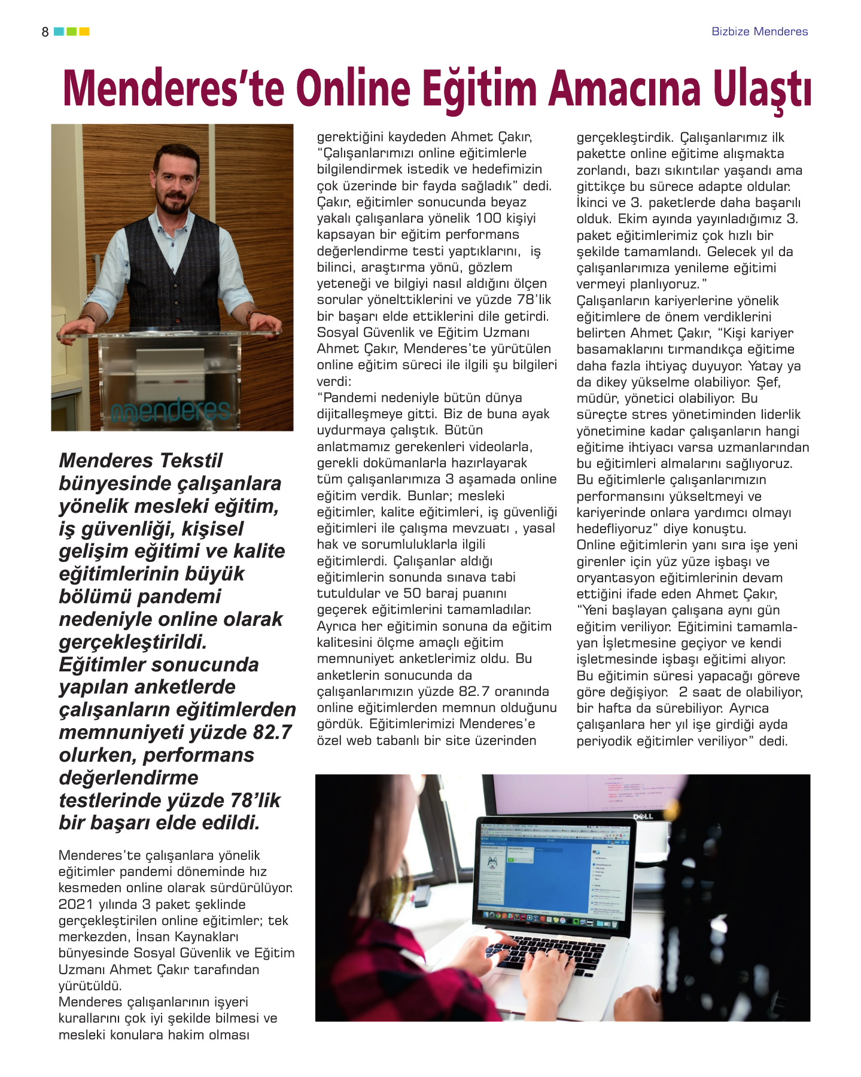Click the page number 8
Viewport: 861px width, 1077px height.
[x=45, y=32]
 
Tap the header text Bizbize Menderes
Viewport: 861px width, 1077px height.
[x=759, y=32]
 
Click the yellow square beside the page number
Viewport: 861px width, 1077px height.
[x=84, y=32]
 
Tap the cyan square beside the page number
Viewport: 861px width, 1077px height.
[x=59, y=32]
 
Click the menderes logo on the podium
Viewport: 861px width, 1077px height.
[x=171, y=410]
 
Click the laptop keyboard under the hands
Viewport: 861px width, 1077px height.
[x=538, y=951]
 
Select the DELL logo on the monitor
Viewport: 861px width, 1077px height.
[x=643, y=817]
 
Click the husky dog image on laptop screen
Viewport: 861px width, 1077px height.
[x=492, y=863]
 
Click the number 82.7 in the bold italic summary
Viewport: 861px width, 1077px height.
[x=272, y=732]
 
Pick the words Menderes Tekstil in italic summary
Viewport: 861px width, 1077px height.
[x=141, y=461]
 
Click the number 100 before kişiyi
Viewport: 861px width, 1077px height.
[x=488, y=218]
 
